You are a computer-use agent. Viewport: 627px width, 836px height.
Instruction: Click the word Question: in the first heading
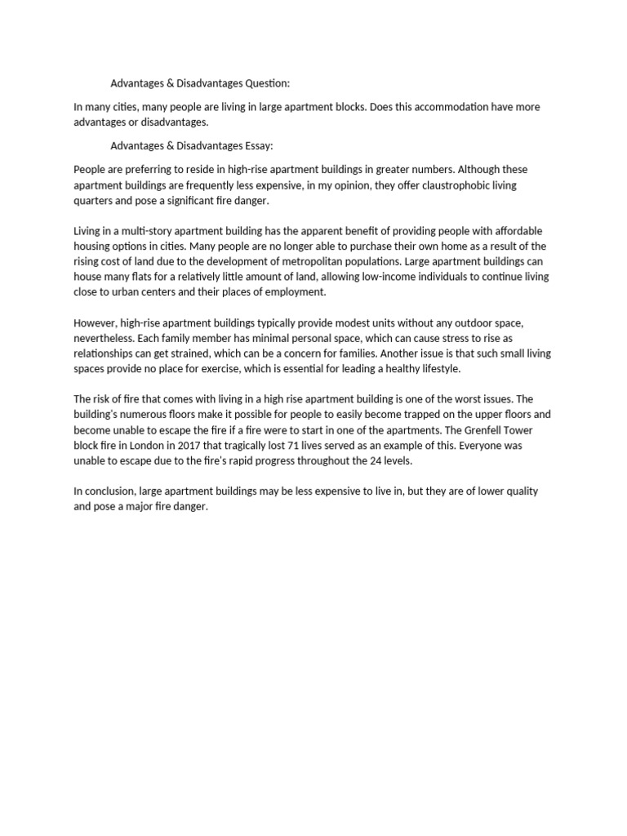[263, 83]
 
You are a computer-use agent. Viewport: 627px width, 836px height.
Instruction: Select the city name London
[151, 445]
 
